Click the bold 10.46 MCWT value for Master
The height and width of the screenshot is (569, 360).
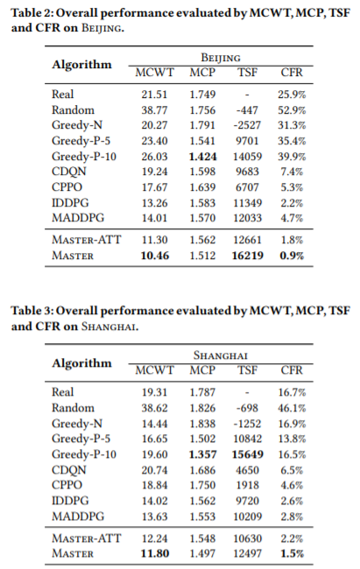155,256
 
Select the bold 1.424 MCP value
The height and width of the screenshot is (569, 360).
202,157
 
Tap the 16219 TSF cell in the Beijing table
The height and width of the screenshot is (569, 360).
247,256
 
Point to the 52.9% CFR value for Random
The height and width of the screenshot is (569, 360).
292,110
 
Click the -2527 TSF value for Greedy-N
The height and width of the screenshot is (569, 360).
247,125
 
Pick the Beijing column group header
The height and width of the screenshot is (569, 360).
221,58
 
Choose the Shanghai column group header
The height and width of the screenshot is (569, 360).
221,355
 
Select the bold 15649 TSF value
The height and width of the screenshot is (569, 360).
247,454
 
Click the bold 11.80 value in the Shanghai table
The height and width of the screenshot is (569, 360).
155,554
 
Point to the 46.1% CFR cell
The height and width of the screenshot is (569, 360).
292,408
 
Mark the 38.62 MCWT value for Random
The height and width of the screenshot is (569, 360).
154,408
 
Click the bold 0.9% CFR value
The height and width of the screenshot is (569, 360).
292,256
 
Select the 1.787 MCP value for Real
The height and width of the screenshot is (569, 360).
202,392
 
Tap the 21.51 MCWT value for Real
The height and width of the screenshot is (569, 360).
154,95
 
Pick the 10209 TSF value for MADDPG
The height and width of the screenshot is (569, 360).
247,516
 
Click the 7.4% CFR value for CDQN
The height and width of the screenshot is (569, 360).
292,172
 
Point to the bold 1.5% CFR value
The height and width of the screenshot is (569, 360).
292,554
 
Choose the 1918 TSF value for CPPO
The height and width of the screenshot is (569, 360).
247,485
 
